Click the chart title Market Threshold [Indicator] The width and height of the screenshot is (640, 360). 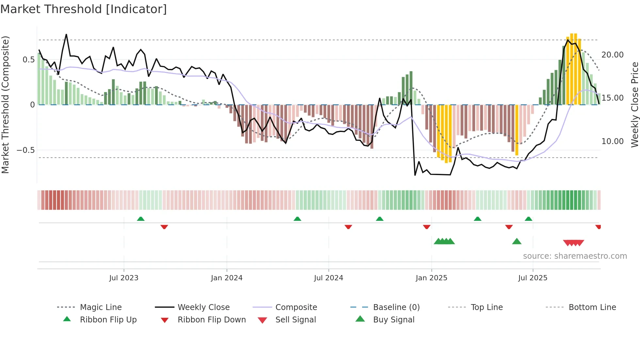coord(84,9)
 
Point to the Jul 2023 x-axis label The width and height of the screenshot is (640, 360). coord(124,278)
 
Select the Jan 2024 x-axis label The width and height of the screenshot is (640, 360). coord(227,278)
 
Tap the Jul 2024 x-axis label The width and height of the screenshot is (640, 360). coord(328,278)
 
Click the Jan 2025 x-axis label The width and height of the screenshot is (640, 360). coord(431,278)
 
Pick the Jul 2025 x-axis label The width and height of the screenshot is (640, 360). coord(533,278)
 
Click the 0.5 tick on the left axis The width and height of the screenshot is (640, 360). coord(28,59)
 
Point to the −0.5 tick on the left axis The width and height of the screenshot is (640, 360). coord(25,150)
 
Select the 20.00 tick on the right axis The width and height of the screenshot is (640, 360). coord(612,55)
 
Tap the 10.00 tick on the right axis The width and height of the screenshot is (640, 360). coord(612,141)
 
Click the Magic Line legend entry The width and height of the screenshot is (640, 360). coord(101,307)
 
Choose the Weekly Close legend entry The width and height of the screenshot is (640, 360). coord(203,307)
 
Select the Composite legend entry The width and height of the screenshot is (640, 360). coord(296,307)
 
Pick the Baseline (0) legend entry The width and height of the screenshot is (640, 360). coord(396,307)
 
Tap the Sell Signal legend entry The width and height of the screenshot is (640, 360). coord(295,320)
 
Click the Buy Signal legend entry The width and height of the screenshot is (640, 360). coord(393,320)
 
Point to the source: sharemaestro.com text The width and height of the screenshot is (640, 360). coord(575,256)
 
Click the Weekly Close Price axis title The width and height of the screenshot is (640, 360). coord(634,105)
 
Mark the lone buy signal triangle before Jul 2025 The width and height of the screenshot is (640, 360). coord(517,241)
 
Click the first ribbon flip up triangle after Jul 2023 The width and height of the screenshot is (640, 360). coord(141,219)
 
